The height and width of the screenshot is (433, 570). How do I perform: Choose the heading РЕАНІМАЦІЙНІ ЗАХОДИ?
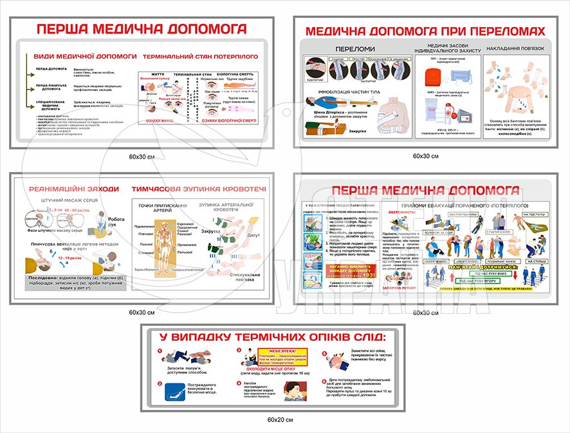[74, 189]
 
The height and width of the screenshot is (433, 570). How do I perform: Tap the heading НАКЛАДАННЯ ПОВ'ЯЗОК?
[516, 49]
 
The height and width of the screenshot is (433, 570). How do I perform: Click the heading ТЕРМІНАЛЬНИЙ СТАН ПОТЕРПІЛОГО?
[200, 56]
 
